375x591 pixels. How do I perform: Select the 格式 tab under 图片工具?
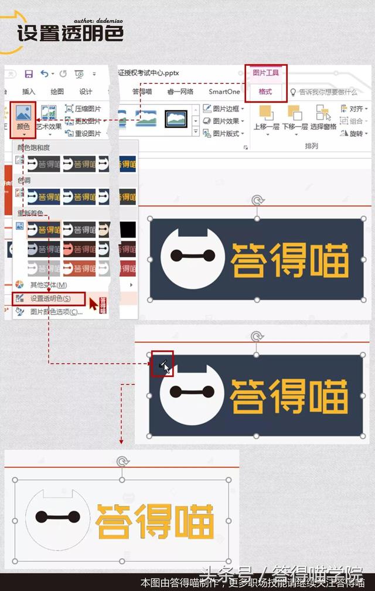click(265, 92)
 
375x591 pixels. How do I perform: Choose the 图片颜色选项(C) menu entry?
click(56, 312)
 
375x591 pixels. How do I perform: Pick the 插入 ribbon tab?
click(29, 91)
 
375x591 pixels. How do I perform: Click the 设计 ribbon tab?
click(86, 91)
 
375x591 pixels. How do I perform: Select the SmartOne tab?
click(224, 91)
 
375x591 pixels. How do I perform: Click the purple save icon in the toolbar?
click(28, 74)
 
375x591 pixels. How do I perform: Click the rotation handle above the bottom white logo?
click(122, 462)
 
